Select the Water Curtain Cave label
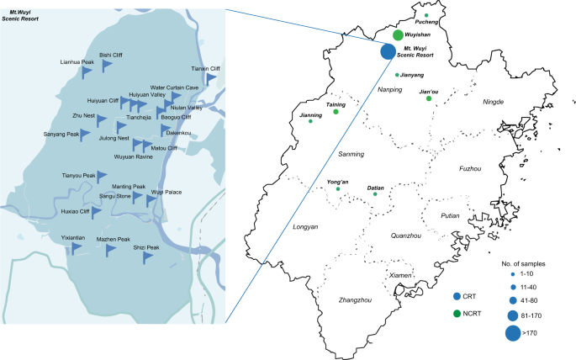coord(175,87)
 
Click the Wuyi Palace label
coord(166,192)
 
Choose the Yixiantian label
coord(74,238)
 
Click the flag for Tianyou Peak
coord(102,177)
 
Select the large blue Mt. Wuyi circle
coord(388,52)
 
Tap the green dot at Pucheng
coord(426,16)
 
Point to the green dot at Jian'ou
coord(429,98)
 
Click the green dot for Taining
coord(336,112)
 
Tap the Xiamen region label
coord(400,276)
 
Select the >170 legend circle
coord(513,334)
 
